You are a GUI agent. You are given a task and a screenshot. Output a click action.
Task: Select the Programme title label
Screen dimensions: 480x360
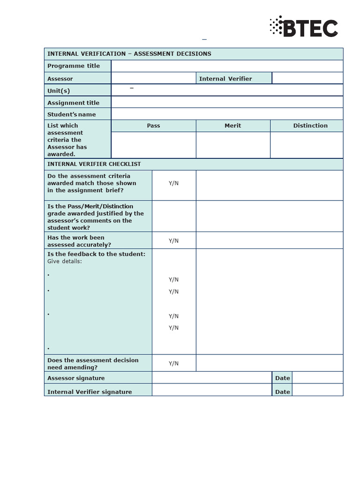(x=74, y=66)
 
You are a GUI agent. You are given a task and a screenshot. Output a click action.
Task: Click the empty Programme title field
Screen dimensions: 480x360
(x=227, y=66)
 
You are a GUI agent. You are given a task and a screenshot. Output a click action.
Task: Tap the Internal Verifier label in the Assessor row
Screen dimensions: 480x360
(x=225, y=79)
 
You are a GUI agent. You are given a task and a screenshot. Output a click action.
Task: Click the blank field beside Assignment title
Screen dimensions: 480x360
(x=227, y=103)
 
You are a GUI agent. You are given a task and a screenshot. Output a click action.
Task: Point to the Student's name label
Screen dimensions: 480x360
(x=72, y=114)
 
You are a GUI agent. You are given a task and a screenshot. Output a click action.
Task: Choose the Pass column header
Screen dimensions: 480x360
(x=153, y=126)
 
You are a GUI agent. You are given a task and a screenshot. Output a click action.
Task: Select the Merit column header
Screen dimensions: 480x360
(x=232, y=126)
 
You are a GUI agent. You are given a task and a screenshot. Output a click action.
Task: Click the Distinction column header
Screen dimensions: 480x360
(x=310, y=126)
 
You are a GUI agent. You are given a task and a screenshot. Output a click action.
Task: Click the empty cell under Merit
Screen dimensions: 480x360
(x=232, y=145)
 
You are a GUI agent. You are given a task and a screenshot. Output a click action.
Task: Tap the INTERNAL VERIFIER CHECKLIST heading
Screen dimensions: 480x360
(x=94, y=164)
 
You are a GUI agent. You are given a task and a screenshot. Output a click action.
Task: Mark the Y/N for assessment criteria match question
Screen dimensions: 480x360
(x=173, y=183)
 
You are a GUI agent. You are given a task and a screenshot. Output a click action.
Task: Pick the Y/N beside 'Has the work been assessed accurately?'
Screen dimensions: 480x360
(x=173, y=241)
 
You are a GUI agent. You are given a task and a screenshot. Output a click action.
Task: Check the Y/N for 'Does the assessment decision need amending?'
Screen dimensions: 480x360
(x=173, y=364)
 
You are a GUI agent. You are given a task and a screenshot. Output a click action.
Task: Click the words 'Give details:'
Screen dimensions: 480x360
(x=65, y=261)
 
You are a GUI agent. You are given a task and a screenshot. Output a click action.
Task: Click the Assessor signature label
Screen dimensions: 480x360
(x=76, y=378)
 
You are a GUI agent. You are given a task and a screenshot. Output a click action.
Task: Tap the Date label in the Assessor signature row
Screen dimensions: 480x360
(x=282, y=378)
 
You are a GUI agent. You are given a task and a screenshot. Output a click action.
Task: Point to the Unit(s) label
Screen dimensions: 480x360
(x=59, y=91)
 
